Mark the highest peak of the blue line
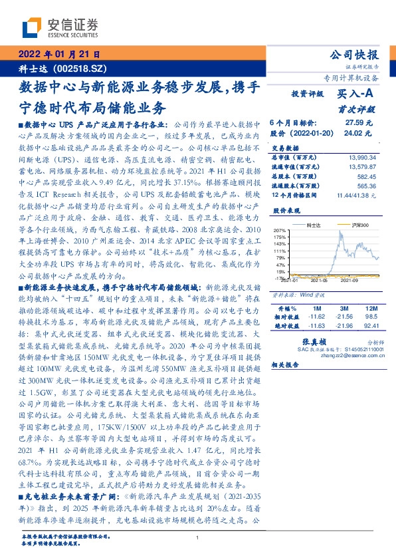[342, 230]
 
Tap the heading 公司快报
[355, 55]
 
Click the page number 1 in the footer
[198, 538]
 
